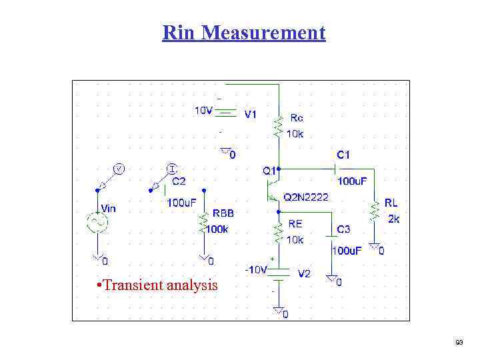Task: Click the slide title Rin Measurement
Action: click(x=244, y=32)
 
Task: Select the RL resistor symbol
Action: click(x=375, y=212)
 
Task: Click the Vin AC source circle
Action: click(x=97, y=222)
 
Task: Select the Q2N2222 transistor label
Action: click(x=305, y=197)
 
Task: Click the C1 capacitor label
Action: click(x=343, y=155)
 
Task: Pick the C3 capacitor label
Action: click(x=343, y=229)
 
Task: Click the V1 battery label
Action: click(x=250, y=114)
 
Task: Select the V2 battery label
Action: click(x=304, y=273)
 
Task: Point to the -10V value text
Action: click(x=256, y=269)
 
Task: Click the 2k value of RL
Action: click(x=393, y=218)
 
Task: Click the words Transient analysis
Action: click(x=157, y=285)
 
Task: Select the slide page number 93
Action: click(x=459, y=343)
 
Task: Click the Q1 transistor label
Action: click(x=269, y=171)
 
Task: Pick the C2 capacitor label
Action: click(x=179, y=181)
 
